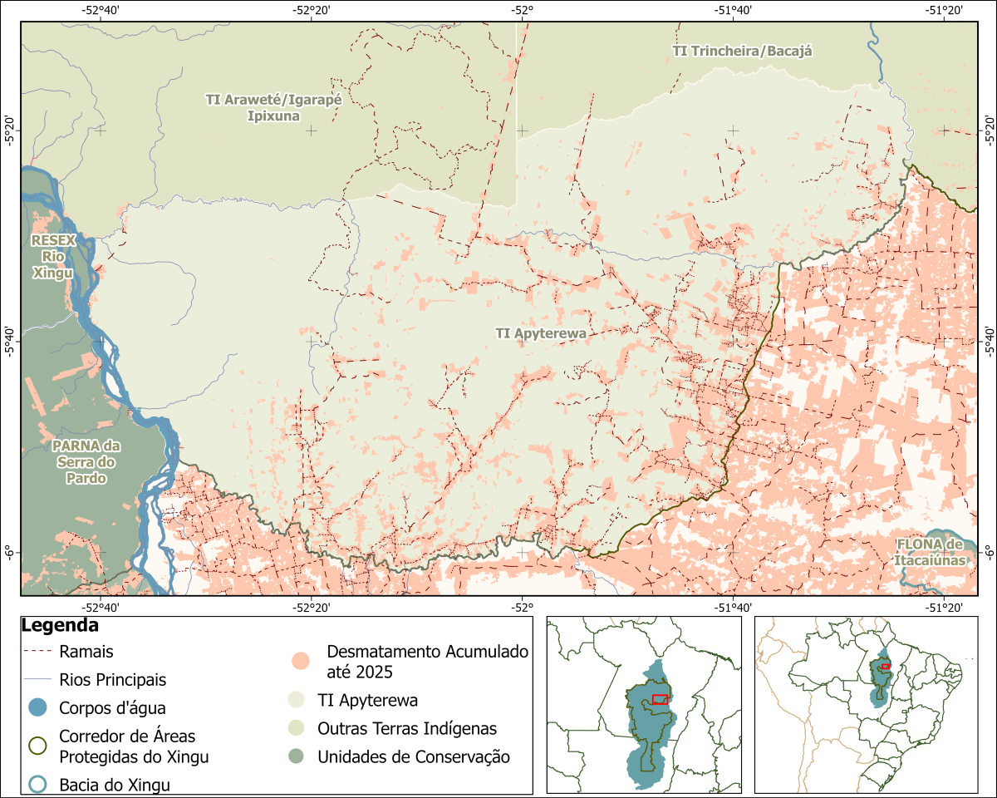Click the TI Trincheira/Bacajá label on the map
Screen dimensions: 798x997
[x=741, y=51]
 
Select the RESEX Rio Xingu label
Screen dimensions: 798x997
[x=53, y=256]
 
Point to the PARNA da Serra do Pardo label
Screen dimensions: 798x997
[x=86, y=461]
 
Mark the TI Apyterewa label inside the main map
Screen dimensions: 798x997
[x=541, y=333]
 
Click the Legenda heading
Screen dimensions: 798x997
[x=61, y=625]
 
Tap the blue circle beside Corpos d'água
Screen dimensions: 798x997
[x=37, y=708]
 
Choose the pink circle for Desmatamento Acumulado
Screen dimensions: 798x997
[x=300, y=661]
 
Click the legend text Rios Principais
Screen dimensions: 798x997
[x=112, y=680]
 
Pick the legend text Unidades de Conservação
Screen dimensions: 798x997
[x=413, y=756]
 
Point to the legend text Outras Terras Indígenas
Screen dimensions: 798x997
[x=406, y=728]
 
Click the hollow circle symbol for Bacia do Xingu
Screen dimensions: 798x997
[x=37, y=784]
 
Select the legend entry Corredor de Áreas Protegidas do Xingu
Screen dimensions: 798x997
[x=133, y=746]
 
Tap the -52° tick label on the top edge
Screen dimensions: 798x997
[x=522, y=10]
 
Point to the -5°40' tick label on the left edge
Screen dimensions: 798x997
[x=9, y=340]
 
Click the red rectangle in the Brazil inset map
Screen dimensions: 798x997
[x=886, y=666]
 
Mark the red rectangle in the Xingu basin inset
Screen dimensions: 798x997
[x=661, y=699]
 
